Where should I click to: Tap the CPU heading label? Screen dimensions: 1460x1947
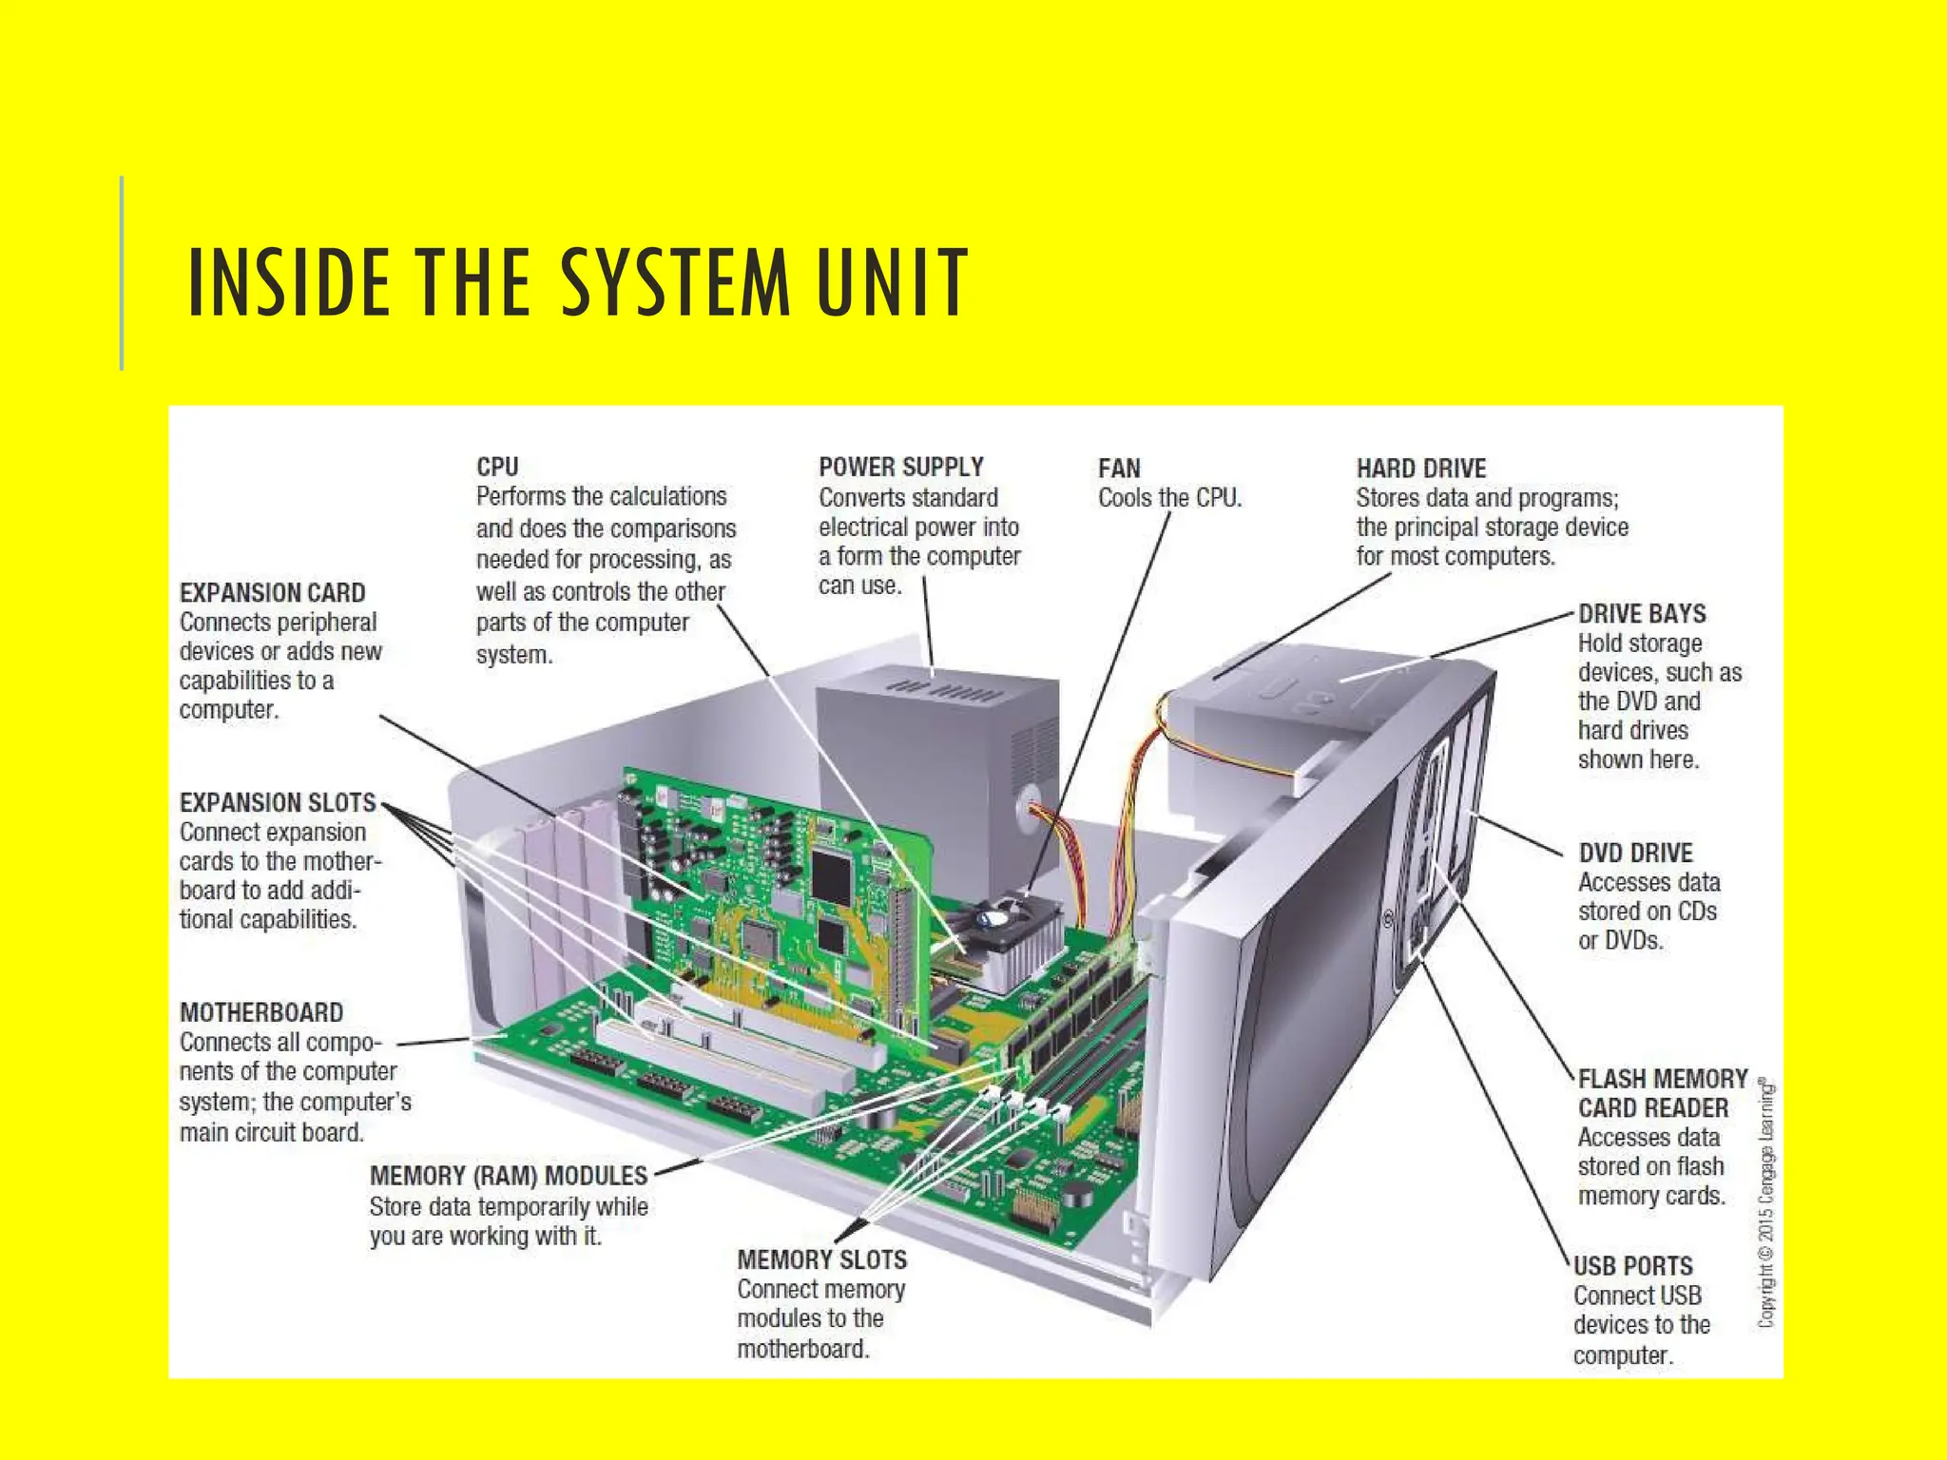497,467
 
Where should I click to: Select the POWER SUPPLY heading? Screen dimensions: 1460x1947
900,467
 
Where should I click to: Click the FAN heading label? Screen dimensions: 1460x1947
1119,469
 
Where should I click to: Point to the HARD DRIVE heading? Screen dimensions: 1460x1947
1420,469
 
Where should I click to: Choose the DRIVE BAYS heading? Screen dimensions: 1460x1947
1642,614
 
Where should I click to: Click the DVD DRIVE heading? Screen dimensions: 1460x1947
1635,853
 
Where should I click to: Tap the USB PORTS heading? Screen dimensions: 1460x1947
1632,1266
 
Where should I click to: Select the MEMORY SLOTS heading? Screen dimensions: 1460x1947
821,1259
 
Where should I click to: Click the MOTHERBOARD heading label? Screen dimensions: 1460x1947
261,1012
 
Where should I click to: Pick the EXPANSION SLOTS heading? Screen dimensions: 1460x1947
278,802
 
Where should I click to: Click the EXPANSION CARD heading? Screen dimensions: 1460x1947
272,593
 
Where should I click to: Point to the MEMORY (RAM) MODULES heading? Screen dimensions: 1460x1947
508,1176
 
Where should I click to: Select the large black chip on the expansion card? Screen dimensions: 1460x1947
833,867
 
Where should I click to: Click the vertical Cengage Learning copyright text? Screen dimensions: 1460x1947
1765,1202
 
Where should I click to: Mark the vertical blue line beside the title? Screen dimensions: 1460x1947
122,273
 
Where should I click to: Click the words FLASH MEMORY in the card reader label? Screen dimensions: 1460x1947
1662,1079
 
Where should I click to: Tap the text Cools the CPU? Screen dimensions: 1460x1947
1169,498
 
